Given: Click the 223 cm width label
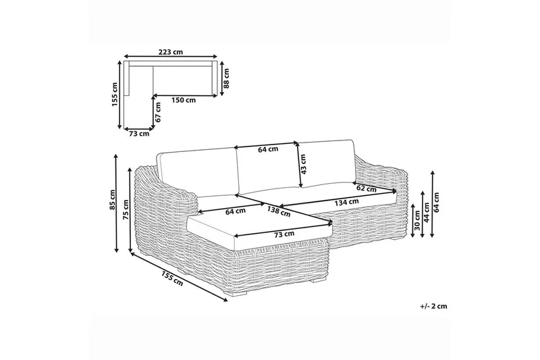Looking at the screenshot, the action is tap(171, 52).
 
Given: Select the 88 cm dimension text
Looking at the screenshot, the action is tap(226, 78).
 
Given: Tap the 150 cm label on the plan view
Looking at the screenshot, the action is tap(184, 100).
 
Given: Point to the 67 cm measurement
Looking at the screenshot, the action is tap(158, 112).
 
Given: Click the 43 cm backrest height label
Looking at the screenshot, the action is tap(302, 164).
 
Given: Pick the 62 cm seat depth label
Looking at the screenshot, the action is tap(367, 188).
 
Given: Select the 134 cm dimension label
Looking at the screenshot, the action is tap(346, 202).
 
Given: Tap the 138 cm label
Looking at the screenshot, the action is tap(279, 211).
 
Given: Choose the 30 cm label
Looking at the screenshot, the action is tap(416, 224).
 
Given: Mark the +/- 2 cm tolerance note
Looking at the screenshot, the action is tap(433, 306).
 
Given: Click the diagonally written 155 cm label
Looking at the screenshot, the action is tap(172, 278).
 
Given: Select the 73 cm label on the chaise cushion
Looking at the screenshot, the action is tap(284, 234).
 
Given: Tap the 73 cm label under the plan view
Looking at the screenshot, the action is tap(139, 134).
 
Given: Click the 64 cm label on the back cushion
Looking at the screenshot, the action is tap(267, 149).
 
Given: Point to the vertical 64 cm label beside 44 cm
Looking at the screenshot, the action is tap(437, 202).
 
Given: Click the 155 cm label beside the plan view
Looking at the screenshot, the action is tap(115, 95).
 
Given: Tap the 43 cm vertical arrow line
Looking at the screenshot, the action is tap(298, 165).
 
